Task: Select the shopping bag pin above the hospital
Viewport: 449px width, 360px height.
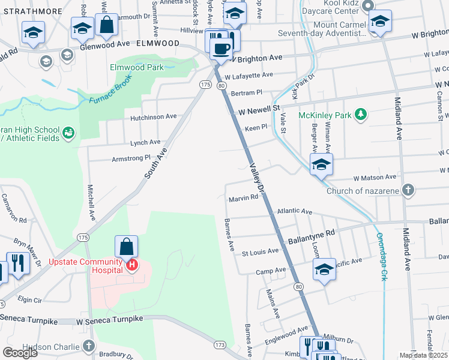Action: pos(127,247)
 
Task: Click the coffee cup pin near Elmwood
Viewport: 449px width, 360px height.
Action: pos(221,48)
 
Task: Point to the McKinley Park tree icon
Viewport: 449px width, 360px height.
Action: pos(360,114)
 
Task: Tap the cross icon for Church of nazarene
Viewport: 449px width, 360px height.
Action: pos(408,191)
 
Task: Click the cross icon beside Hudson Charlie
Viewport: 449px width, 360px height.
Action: pos(89,346)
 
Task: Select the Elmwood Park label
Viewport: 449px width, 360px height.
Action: pos(136,68)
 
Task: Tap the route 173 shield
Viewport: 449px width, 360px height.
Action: pos(220,344)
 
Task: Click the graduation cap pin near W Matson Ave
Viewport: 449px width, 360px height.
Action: pos(321,165)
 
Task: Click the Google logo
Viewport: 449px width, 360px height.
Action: pos(20,353)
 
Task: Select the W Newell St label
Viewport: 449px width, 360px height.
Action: pos(259,110)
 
